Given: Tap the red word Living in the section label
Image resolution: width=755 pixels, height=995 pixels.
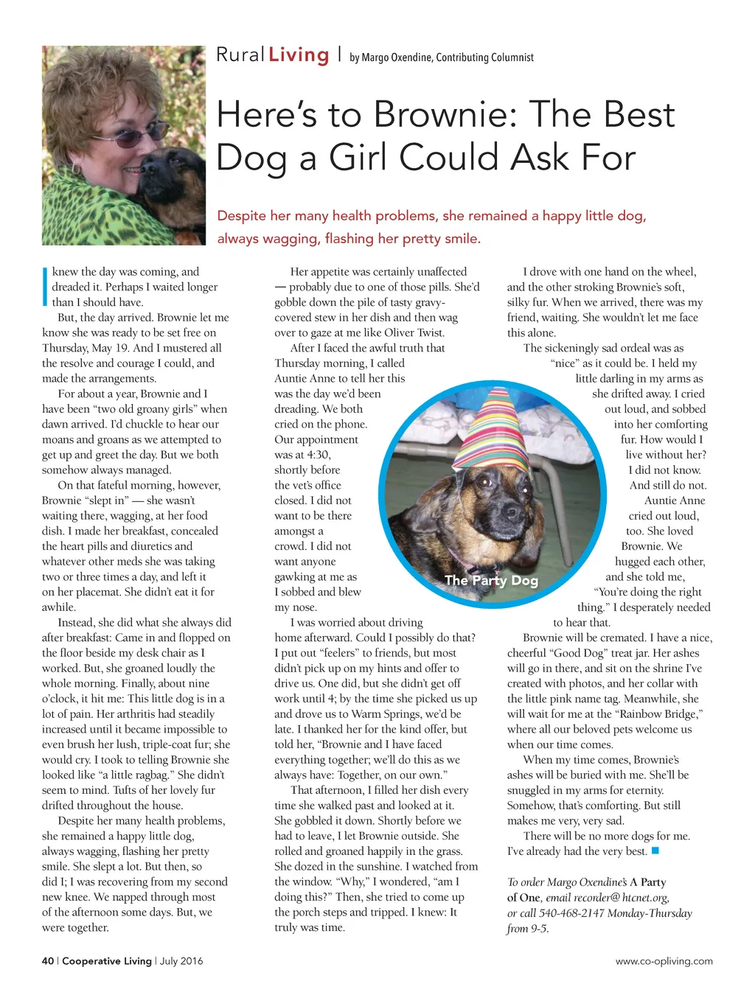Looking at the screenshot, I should tap(299, 55).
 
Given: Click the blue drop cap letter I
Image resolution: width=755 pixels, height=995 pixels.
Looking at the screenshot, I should tap(46, 287).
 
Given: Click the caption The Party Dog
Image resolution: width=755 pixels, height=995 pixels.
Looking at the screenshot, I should tap(491, 581).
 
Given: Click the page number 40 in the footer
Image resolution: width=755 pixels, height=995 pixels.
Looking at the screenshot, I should tap(48, 961).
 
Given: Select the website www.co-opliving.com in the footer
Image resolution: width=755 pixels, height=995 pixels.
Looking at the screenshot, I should tap(664, 961).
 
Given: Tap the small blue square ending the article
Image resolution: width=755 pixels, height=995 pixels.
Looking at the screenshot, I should tap(655, 851).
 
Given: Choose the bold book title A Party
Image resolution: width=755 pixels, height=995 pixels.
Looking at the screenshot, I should tap(648, 882).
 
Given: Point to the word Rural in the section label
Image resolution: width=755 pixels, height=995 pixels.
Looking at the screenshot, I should tap(240, 55).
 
